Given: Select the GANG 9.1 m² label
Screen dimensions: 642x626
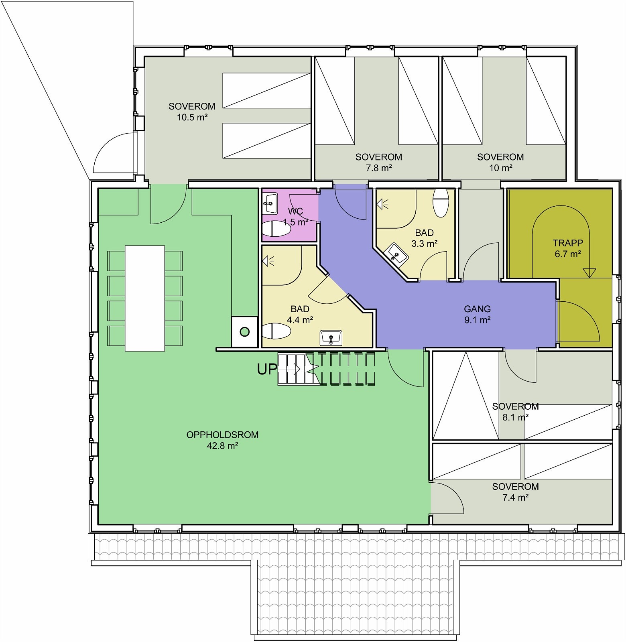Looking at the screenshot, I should (477, 314).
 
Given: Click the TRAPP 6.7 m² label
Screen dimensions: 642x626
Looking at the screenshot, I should (567, 248).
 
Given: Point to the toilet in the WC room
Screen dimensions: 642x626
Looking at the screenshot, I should (276, 229).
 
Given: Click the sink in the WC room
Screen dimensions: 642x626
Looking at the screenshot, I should (270, 203).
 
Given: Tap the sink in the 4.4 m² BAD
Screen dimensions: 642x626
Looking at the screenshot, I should (331, 338).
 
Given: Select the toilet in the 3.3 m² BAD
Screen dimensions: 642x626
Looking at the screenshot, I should (441, 203).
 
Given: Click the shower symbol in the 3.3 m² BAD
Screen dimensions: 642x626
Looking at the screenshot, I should (382, 204).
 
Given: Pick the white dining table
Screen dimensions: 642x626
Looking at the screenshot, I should (145, 298).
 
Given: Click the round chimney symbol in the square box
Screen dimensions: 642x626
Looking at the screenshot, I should (244, 332).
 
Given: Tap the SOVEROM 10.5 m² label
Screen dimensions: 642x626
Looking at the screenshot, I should (192, 112).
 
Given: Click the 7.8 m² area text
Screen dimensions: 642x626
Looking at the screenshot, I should (378, 168).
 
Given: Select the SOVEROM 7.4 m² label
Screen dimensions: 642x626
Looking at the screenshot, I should (515, 492).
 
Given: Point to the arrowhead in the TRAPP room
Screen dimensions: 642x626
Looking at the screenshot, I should (589, 273).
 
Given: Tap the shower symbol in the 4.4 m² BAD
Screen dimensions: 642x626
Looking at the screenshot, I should (268, 262).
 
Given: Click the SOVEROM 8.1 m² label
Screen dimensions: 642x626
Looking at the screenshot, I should (515, 412).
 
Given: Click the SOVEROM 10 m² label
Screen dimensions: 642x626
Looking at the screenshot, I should (500, 162).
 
